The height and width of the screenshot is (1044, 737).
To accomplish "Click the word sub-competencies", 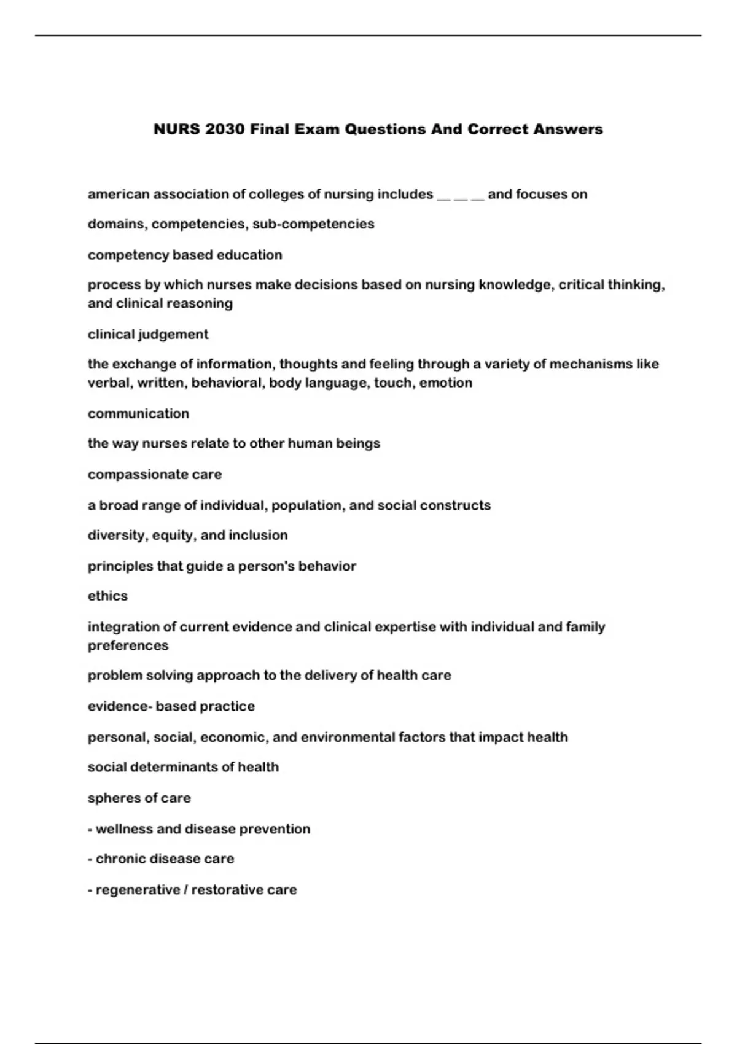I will [313, 224].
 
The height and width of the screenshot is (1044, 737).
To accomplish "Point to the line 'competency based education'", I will [185, 255].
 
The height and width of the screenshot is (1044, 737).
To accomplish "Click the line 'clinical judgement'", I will [148, 335].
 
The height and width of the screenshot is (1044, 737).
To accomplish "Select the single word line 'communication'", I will [138, 414].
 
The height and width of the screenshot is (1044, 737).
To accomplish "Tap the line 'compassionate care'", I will [155, 475].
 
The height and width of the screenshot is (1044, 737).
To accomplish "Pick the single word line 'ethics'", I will [107, 596].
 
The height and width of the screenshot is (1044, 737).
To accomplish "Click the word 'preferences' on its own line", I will [128, 646].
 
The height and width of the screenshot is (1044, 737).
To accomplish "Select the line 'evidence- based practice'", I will [171, 707].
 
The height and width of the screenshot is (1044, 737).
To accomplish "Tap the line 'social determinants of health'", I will [183, 767].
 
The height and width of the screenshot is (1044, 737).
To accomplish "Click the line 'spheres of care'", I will [139, 798].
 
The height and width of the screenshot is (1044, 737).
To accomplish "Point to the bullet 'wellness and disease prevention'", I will [199, 829].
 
